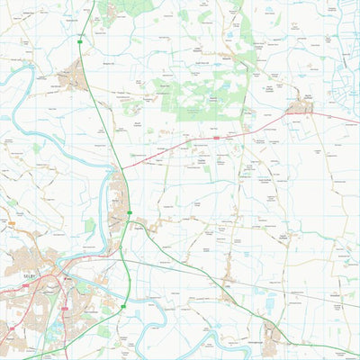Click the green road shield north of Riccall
coord(82,36)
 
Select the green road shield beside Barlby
coord(130,213)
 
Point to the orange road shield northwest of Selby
coord(13,222)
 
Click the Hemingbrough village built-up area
coord(269,328)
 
